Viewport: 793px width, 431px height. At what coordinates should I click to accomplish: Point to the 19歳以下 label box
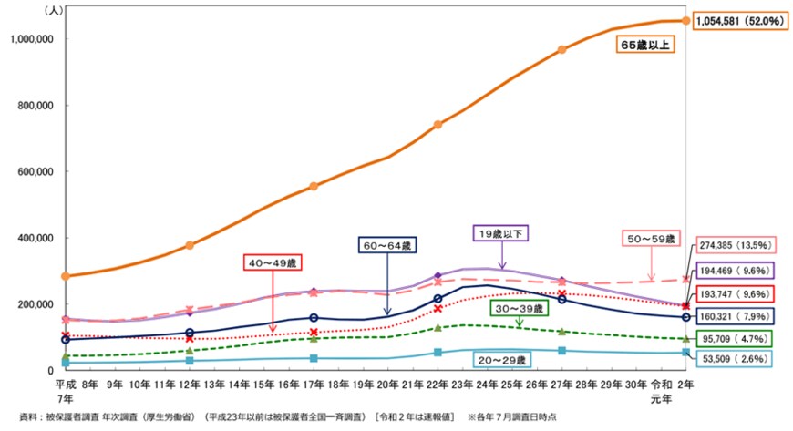pyautogui.click(x=500, y=233)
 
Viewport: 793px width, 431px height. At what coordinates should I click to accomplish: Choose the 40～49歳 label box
pyautogui.click(x=273, y=263)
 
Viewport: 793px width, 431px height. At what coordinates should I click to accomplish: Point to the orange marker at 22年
pyautogui.click(x=438, y=124)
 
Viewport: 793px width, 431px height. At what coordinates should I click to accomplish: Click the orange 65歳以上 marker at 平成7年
pyautogui.click(x=65, y=275)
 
